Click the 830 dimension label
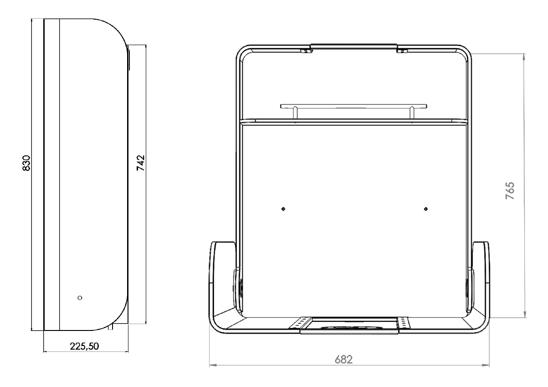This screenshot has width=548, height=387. pyautogui.click(x=27, y=163)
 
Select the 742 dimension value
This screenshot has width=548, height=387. pyautogui.click(x=141, y=163)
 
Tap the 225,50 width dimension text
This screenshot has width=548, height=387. pyautogui.click(x=84, y=346)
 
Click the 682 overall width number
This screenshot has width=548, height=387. pyautogui.click(x=343, y=360)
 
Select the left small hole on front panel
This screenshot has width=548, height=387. pyautogui.click(x=283, y=209)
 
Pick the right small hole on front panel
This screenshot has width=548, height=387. pyautogui.click(x=425, y=209)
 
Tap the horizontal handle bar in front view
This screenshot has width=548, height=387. pyautogui.click(x=354, y=106)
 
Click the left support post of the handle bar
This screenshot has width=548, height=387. pyautogui.click(x=296, y=113)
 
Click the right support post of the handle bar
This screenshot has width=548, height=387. pyautogui.click(x=412, y=113)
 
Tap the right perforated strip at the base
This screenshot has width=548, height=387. pyautogui.click(x=404, y=323)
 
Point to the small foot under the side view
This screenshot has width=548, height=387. pyautogui.click(x=111, y=326)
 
